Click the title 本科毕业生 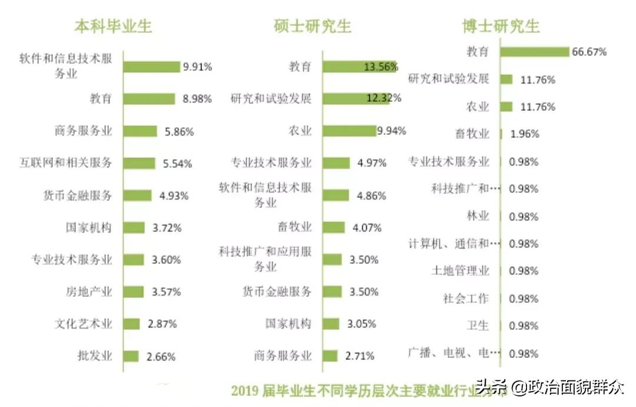[x=113, y=27]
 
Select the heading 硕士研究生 [x=312, y=27]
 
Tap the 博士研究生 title [x=501, y=27]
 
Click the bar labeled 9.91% [x=151, y=67]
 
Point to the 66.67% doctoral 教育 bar [x=534, y=52]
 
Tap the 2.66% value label [x=161, y=356]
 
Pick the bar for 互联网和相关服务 [x=139, y=163]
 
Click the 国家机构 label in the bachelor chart [x=88, y=227]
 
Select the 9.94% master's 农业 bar [x=349, y=131]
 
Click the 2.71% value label [x=359, y=356]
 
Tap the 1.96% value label [x=525, y=134]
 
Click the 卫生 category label [x=478, y=325]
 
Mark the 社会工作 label [x=465, y=298]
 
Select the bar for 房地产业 [x=133, y=292]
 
